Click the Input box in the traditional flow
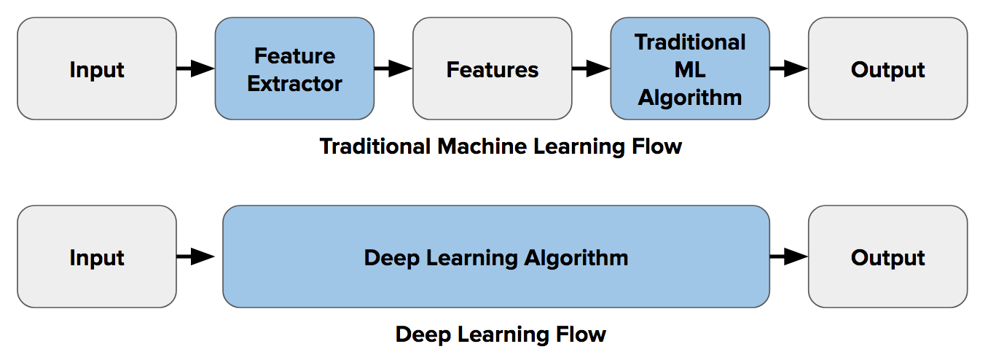tap(97, 69)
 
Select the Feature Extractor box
tap(294, 69)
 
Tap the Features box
tap(493, 69)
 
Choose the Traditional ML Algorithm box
tap(690, 69)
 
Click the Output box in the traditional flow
tap(887, 69)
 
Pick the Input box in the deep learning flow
tap(97, 257)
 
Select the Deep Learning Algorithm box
tap(495, 257)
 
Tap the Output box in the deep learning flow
tap(887, 257)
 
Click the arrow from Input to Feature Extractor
tap(195, 69)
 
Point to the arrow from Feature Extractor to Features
tap(393, 69)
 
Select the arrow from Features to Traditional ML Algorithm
tap(591, 69)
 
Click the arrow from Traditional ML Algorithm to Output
tap(789, 69)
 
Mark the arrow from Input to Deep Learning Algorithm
tap(195, 257)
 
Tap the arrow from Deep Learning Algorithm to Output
tap(789, 257)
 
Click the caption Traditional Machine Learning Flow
tap(501, 146)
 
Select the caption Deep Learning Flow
tap(501, 334)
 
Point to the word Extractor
tap(294, 84)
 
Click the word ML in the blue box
tap(690, 70)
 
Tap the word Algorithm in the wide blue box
tap(576, 257)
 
